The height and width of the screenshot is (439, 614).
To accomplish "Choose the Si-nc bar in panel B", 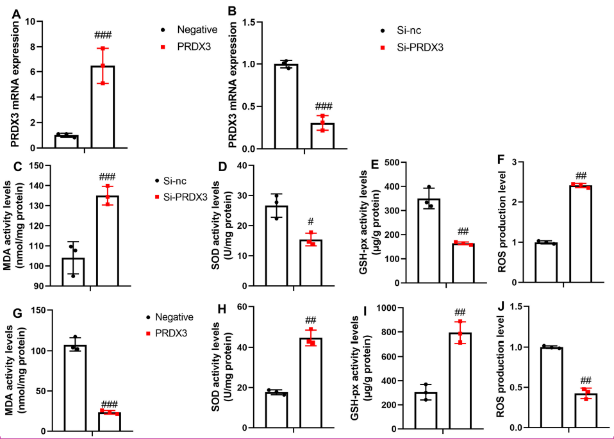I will pos(286,106).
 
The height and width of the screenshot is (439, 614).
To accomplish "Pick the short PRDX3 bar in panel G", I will pos(110,421).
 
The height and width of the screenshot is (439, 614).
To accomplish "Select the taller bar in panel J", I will pos(551,387).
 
